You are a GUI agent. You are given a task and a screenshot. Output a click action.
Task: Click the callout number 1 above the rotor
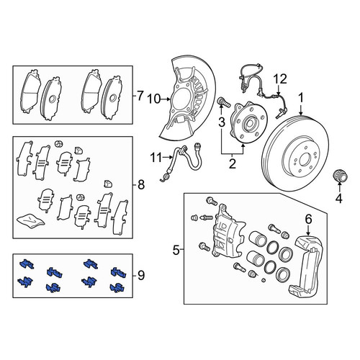click(x=301, y=98)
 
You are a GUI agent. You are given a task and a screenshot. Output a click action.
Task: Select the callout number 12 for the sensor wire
click(x=280, y=78)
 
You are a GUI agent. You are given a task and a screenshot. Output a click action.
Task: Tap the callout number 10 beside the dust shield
click(x=154, y=99)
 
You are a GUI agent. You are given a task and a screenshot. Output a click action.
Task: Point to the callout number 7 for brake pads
click(x=140, y=96)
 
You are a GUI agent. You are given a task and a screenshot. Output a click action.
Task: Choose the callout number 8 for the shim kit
click(x=141, y=185)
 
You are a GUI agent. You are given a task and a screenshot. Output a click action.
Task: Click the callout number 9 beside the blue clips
click(x=141, y=275)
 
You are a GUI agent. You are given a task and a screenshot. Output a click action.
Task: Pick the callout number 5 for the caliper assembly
click(x=176, y=251)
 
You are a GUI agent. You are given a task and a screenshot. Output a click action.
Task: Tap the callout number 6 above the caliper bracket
click(x=308, y=219)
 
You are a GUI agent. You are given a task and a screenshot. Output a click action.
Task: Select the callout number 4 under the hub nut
click(x=338, y=199)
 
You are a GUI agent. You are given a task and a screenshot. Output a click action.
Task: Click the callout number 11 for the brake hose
click(x=156, y=158)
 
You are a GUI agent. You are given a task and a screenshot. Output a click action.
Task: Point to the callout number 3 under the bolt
click(x=221, y=122)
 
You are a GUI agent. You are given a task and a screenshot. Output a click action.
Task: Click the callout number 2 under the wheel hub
click(x=232, y=163)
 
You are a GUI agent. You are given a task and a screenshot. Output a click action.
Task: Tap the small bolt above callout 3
click(x=223, y=102)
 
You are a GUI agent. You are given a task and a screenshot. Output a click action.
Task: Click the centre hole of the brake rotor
click(x=305, y=159)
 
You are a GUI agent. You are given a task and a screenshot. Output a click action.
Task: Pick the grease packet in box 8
click(x=31, y=220)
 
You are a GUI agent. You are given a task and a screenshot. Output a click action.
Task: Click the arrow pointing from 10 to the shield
click(x=166, y=99)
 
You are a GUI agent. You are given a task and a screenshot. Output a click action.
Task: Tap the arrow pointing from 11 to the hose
click(x=167, y=158)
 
